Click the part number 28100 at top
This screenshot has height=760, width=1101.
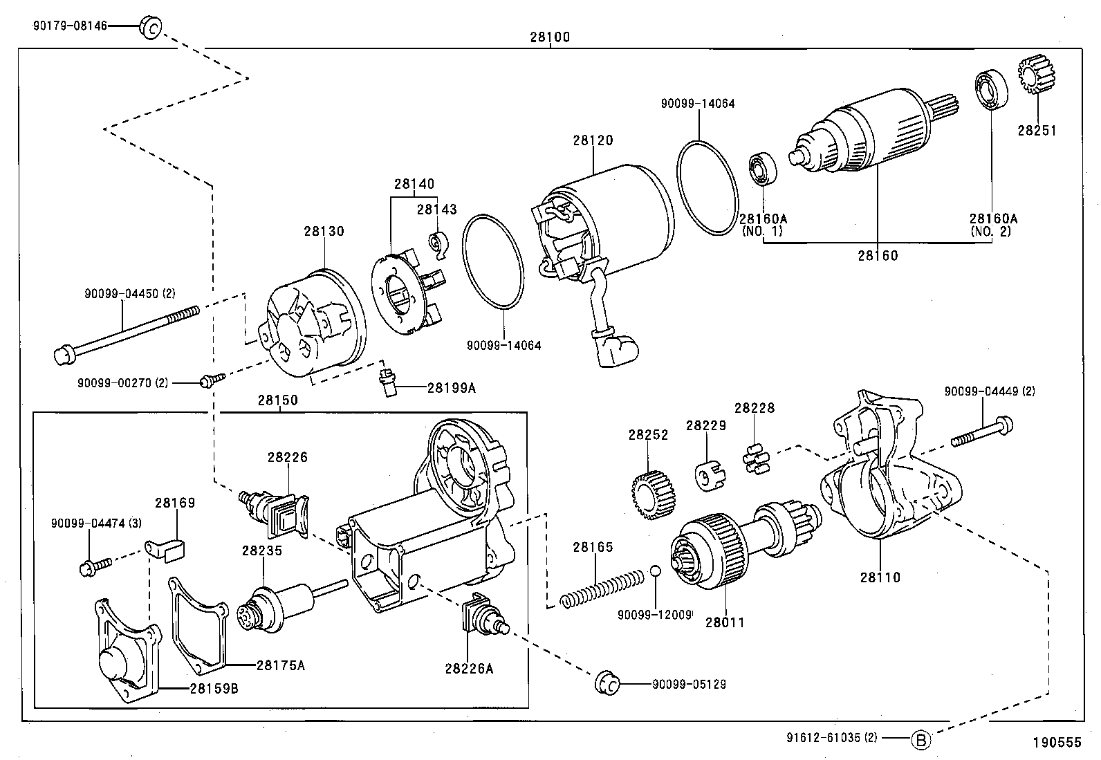[x=550, y=37]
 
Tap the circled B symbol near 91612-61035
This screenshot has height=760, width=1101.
[x=920, y=739]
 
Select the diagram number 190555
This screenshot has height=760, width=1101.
[x=1056, y=743]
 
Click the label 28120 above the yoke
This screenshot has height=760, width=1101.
[x=593, y=140]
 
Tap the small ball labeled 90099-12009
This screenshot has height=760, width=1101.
[x=656, y=572]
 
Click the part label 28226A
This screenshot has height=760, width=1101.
[x=469, y=668]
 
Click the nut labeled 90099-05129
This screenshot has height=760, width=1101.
[x=606, y=683]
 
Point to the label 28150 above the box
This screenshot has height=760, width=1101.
[x=278, y=400]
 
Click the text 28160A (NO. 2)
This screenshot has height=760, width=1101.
[x=992, y=225]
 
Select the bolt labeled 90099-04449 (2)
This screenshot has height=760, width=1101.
[x=983, y=432]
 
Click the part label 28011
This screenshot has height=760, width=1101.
[x=725, y=622]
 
